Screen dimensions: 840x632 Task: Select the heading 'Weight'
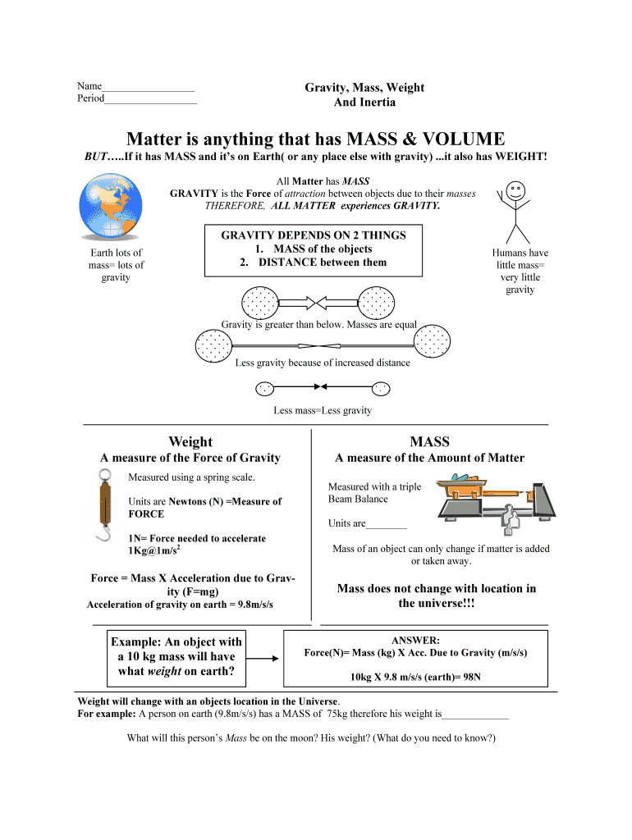[x=190, y=441]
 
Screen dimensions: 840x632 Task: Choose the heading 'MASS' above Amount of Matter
[x=429, y=441]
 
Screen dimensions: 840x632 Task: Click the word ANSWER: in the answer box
[x=415, y=639]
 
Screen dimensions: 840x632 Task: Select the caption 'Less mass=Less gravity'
[x=323, y=410]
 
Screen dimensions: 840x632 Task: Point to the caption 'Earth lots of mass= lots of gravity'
[x=116, y=265]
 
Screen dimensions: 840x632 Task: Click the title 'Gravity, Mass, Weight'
[x=364, y=88]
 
